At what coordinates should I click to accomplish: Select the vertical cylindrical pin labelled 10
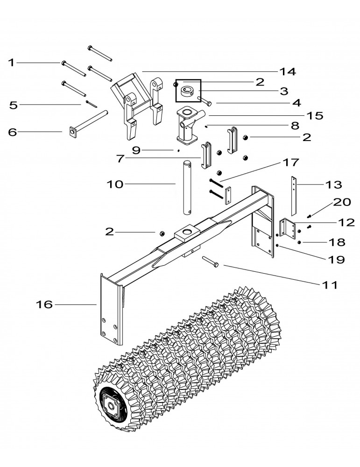(x=189, y=187)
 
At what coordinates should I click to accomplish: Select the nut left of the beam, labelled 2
(x=160, y=233)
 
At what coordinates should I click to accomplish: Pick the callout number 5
(x=14, y=105)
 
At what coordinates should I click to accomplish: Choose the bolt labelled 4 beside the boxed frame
(x=206, y=100)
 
